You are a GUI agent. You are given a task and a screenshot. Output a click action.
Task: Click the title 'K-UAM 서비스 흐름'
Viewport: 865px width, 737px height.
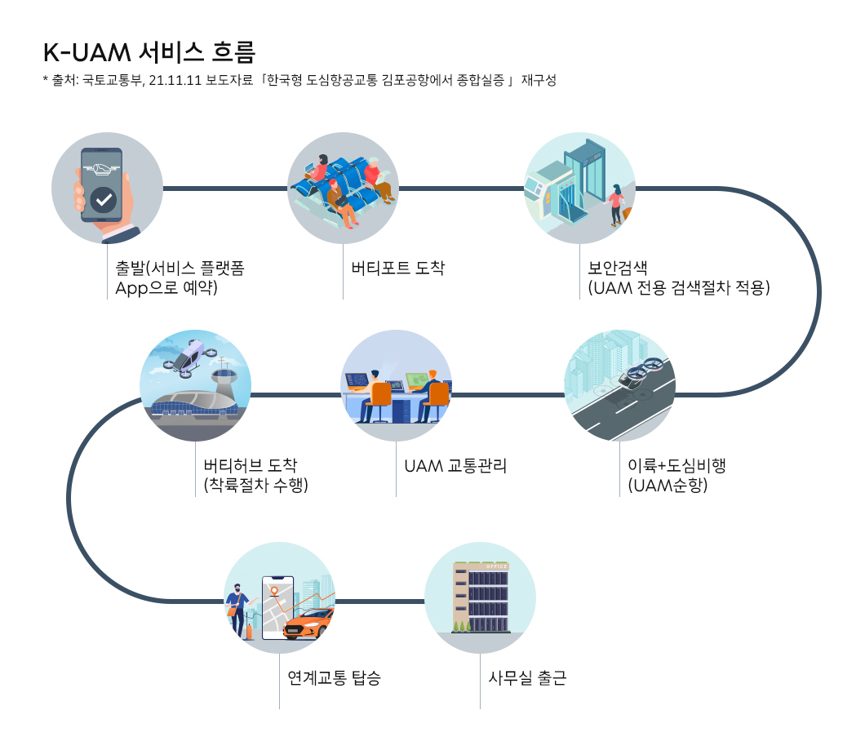point(149,52)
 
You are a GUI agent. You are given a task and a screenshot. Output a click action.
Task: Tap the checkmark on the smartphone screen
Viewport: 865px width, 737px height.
point(103,199)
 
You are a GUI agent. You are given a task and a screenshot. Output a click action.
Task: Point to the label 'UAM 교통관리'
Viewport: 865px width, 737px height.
point(455,466)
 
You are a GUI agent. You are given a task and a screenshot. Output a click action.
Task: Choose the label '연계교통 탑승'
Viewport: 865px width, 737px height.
point(334,677)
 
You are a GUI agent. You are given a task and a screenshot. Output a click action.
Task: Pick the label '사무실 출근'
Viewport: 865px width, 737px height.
point(527,677)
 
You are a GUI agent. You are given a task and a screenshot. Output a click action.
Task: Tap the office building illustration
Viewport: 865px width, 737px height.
point(481,597)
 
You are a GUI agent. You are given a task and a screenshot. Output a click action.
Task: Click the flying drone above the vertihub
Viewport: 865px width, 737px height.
point(187,358)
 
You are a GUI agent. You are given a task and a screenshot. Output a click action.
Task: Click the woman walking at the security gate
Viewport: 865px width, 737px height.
point(616,204)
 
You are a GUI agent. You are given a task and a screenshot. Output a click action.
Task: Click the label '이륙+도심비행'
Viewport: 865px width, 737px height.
point(676,466)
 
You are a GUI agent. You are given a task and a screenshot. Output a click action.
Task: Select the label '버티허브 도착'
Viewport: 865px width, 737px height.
point(251,466)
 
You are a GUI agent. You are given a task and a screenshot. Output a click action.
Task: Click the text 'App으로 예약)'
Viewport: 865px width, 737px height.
point(166,288)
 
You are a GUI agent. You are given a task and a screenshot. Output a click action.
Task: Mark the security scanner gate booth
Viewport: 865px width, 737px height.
point(581,180)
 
